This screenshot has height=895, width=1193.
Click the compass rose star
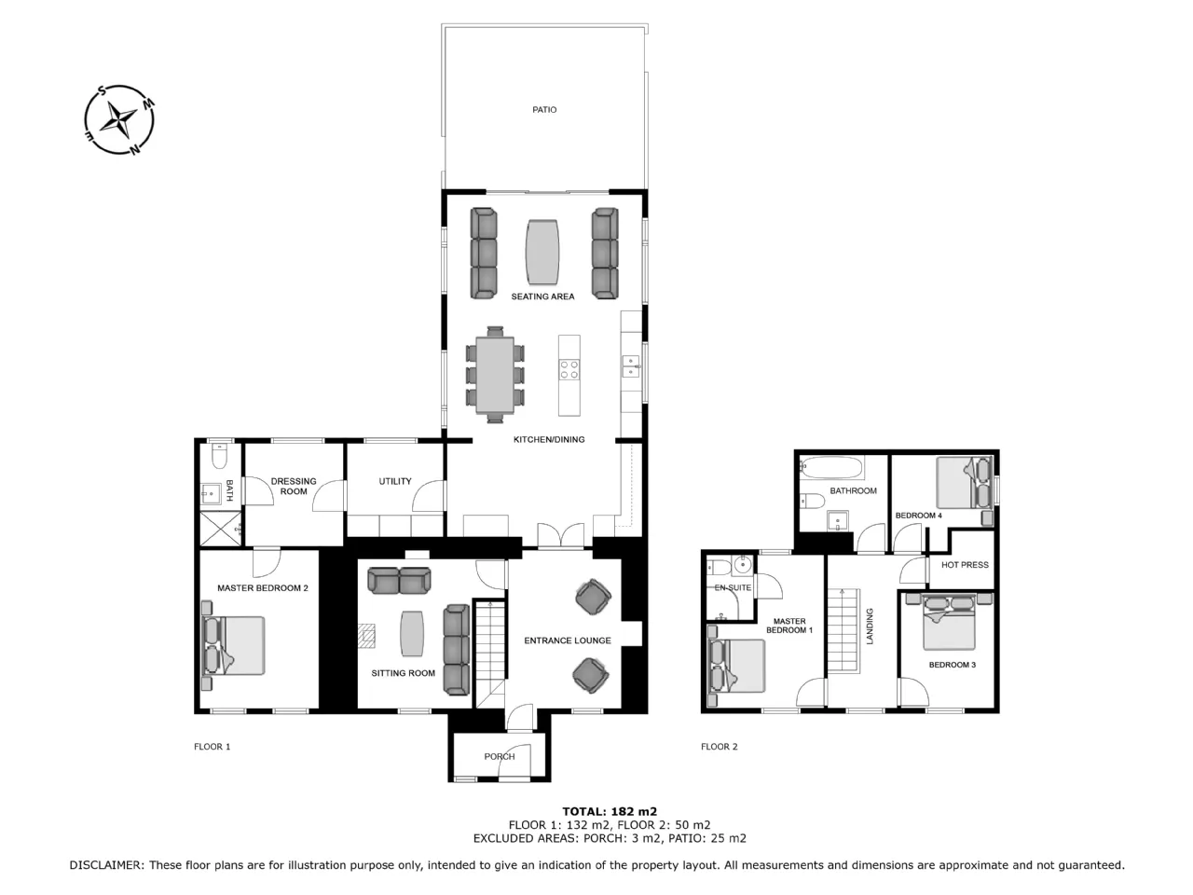tap(119, 119)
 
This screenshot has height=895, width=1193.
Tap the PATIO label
tap(544, 110)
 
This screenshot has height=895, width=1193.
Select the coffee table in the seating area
tap(542, 252)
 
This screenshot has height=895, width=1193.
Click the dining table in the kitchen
tap(495, 375)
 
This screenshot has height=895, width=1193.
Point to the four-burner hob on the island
tap(569, 369)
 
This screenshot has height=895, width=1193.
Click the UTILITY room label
tap(395, 481)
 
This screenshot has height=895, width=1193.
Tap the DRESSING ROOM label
tap(294, 487)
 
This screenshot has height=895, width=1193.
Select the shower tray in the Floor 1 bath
tap(221, 529)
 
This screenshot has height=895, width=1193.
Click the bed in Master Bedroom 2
tap(233, 645)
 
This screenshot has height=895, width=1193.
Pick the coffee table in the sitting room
tap(412, 634)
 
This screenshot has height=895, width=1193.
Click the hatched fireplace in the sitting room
tap(366, 635)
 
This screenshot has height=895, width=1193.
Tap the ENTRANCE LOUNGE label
tap(568, 640)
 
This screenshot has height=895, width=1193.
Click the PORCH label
tap(500, 756)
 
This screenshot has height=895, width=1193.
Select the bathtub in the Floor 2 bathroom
tap(831, 468)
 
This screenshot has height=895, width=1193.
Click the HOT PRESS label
tap(965, 565)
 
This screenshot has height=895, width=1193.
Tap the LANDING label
tap(869, 626)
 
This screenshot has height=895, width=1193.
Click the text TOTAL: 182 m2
tap(610, 812)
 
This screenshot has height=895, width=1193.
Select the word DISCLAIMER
tap(106, 865)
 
